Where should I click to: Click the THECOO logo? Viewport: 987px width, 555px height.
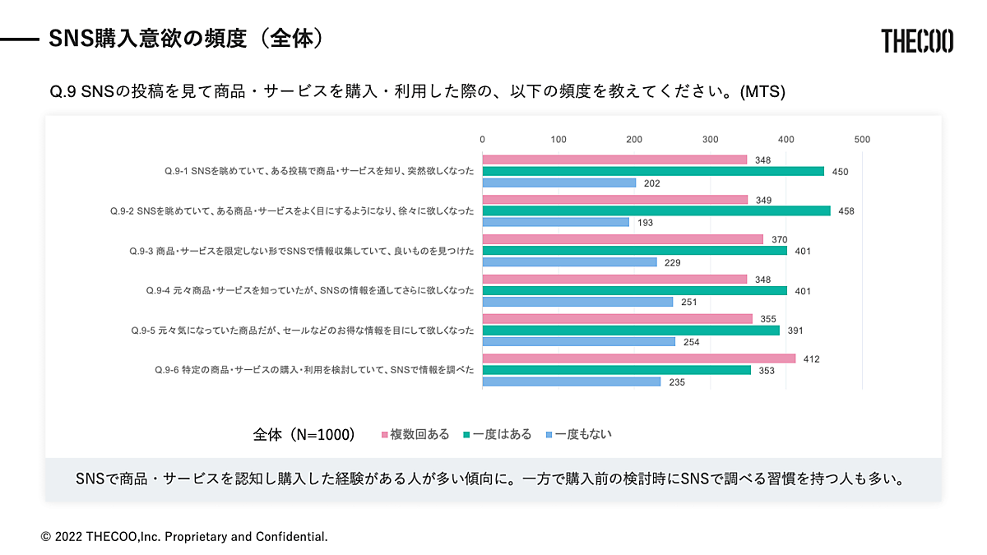(x=917, y=40)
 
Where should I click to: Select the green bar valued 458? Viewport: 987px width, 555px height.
(x=656, y=211)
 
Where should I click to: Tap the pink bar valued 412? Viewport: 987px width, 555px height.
(x=639, y=358)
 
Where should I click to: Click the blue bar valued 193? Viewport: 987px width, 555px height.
(x=555, y=222)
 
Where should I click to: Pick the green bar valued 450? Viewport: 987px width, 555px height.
(x=653, y=171)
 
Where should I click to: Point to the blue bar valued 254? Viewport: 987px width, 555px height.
(x=578, y=341)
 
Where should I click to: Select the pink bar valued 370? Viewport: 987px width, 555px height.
(x=623, y=239)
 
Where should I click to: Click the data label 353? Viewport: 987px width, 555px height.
(x=766, y=370)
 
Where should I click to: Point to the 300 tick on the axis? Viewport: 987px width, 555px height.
(x=711, y=140)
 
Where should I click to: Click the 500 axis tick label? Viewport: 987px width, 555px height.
(x=862, y=140)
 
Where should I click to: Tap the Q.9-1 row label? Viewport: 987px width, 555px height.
(x=319, y=171)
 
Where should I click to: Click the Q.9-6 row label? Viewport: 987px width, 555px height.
(x=314, y=370)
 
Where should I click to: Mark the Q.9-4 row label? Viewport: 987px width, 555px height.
(x=309, y=290)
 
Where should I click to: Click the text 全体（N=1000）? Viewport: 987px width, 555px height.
(x=304, y=434)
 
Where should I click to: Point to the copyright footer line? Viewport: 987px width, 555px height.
(x=184, y=537)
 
